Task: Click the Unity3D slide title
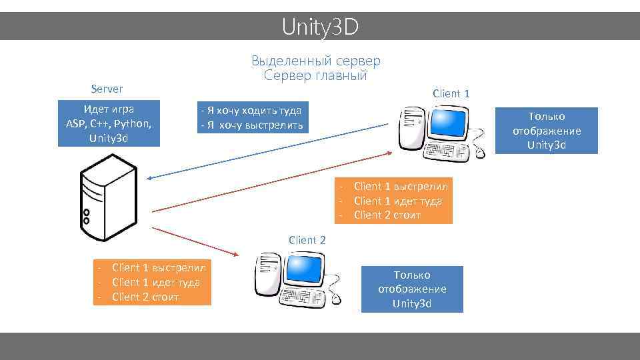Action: click(320, 27)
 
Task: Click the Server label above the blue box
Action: click(107, 89)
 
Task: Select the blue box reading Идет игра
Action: click(109, 123)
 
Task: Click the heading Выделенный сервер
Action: click(316, 61)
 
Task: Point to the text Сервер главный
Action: click(316, 75)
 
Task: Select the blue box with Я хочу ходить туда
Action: click(252, 117)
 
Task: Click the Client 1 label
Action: click(451, 93)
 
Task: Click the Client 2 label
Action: click(307, 240)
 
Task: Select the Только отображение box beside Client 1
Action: click(547, 131)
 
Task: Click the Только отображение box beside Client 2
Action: click(412, 289)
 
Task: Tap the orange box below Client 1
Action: click(394, 201)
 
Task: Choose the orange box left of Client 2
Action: click(152, 282)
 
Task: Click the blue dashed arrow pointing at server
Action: click(267, 151)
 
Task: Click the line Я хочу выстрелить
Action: click(252, 125)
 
